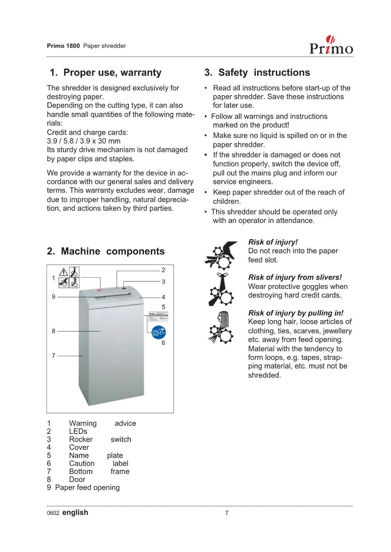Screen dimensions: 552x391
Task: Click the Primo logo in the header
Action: [331, 46]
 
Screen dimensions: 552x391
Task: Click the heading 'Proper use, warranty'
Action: [112, 73]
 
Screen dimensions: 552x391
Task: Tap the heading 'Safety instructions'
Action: [264, 73]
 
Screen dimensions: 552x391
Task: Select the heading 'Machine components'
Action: [112, 251]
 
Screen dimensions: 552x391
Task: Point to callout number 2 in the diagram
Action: [163, 270]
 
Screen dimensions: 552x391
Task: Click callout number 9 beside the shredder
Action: [54, 296]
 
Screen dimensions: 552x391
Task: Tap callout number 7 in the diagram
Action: [54, 356]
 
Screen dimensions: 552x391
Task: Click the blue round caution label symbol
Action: [159, 332]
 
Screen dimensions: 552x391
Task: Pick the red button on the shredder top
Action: [99, 290]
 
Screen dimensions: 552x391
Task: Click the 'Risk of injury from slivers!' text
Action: [295, 277]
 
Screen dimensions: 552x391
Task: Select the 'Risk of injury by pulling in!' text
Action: [296, 313]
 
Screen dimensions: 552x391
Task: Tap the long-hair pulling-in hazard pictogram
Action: [221, 327]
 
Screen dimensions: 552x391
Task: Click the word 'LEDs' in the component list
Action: [78, 431]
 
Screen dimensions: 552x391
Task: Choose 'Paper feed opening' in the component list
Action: [87, 487]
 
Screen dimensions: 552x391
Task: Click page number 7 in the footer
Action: [227, 513]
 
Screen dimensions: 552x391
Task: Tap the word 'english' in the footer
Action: [75, 512]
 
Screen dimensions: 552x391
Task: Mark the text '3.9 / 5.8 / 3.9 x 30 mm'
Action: [83, 141]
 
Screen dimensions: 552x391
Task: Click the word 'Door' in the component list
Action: [77, 479]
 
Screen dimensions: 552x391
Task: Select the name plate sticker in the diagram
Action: [158, 317]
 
